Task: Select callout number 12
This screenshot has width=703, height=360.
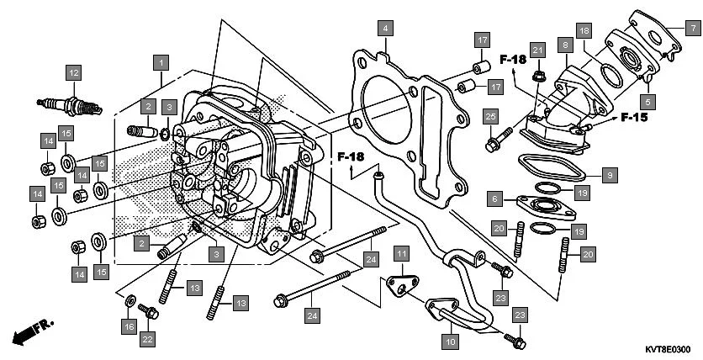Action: [x=73, y=72]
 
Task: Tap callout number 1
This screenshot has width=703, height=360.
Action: [x=161, y=61]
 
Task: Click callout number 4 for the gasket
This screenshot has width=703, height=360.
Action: [x=384, y=28]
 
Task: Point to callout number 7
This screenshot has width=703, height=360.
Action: [x=692, y=28]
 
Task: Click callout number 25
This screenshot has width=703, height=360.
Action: [x=491, y=115]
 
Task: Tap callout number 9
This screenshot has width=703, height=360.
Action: [x=610, y=175]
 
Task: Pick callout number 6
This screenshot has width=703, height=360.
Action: [x=496, y=199]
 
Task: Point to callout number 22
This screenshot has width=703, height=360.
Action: [x=147, y=339]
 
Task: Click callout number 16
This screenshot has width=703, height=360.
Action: [x=129, y=326]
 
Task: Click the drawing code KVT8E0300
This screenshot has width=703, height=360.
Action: [x=669, y=349]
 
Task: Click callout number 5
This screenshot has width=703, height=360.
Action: [x=647, y=98]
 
